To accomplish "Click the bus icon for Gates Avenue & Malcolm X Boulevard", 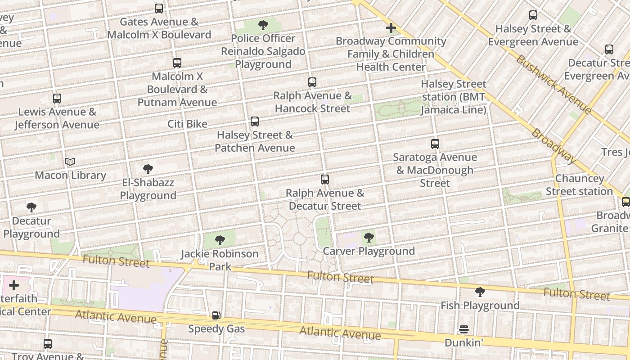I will click(x=159, y=9).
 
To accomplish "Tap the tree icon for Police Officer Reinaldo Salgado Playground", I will click(x=263, y=25).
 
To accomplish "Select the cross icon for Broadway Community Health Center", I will click(x=391, y=28).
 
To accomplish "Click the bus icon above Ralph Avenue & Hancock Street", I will click(x=312, y=82).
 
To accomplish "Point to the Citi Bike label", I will click(x=187, y=124).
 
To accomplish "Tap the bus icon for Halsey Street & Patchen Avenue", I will click(x=255, y=121).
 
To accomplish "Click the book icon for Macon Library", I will click(x=70, y=162).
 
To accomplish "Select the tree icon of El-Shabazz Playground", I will click(x=148, y=169).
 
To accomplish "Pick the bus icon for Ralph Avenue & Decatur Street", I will click(x=325, y=180).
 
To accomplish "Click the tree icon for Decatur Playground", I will click(x=31, y=207).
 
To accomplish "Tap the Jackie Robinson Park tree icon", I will click(x=220, y=240).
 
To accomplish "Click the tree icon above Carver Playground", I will click(x=369, y=238).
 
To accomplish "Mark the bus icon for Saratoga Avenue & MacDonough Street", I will click(x=435, y=144).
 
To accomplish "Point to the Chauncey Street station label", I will click(x=579, y=185).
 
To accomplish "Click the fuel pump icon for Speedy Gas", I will click(x=216, y=315).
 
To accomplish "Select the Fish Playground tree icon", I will click(x=480, y=292).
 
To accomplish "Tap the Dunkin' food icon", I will click(x=464, y=330).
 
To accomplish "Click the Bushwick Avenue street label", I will click(x=553, y=84).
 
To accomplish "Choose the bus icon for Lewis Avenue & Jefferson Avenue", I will click(x=57, y=99).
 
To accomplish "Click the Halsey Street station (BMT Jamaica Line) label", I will click(x=453, y=97).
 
